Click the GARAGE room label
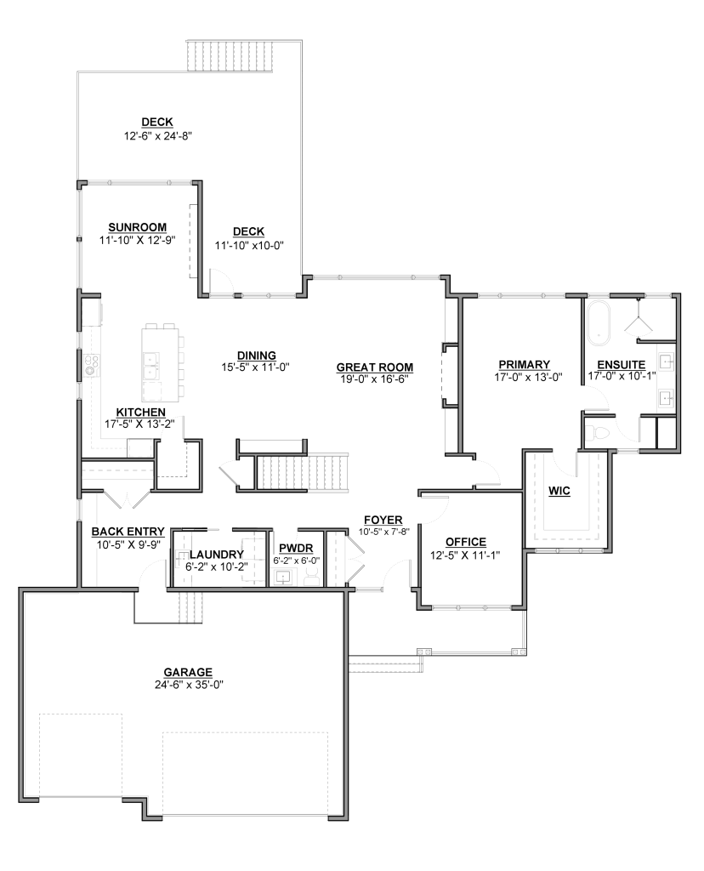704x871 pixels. (188, 672)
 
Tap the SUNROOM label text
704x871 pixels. (137, 227)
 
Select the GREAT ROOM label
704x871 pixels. (375, 367)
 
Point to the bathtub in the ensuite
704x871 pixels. (598, 322)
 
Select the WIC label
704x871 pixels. (559, 491)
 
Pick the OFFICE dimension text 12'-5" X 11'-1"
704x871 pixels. (465, 555)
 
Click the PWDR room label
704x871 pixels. (296, 549)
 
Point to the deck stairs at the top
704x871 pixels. (231, 55)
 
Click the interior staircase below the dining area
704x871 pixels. (303, 473)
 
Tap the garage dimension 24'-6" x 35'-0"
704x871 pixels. (190, 685)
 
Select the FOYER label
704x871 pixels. (383, 520)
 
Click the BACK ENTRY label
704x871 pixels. (128, 532)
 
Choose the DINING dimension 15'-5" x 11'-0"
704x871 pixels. (256, 367)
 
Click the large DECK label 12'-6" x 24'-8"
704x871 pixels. (157, 129)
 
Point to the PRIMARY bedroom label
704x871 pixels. (524, 364)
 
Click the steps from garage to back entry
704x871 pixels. (191, 607)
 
